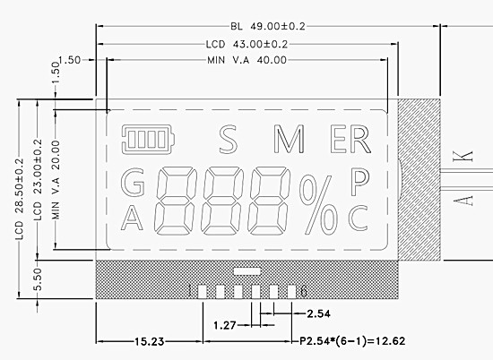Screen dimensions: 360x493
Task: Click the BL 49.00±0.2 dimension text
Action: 268,26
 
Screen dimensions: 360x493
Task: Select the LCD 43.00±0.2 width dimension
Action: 246,44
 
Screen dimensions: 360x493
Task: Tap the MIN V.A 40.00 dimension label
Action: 246,59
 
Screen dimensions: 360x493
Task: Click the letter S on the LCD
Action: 228,140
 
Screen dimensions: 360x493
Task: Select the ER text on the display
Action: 350,140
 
